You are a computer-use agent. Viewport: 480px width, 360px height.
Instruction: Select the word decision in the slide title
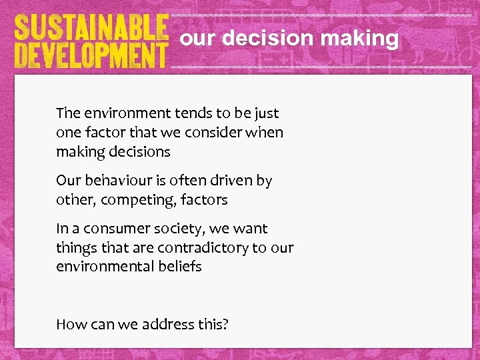264,39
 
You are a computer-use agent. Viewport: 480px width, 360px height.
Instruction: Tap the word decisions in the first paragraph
139,152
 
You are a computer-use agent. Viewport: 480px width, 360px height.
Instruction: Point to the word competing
129,200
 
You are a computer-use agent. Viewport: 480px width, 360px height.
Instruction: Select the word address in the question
167,325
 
